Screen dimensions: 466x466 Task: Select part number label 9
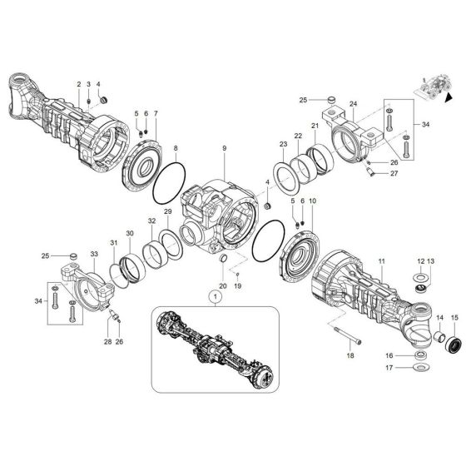[x=224, y=148]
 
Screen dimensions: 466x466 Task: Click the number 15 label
[x=454, y=318]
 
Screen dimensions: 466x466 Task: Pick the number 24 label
[x=352, y=105]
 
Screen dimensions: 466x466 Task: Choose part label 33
[x=93, y=253]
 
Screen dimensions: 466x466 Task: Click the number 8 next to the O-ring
[x=175, y=148]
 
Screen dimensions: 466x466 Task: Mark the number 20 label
[x=222, y=285]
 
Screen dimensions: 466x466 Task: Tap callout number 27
[x=394, y=173]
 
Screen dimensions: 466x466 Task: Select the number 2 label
[x=78, y=85]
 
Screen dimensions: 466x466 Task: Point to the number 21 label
[x=315, y=126]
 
